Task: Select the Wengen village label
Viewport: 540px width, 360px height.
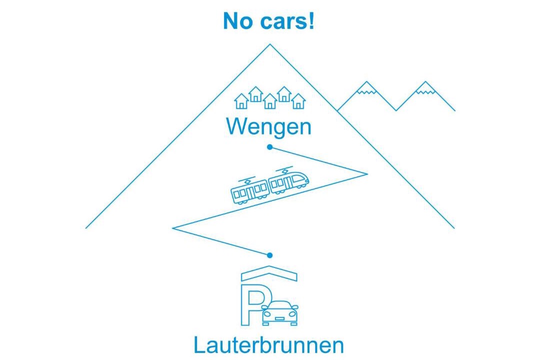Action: click(x=269, y=126)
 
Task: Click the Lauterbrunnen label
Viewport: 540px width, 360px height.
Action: click(x=269, y=345)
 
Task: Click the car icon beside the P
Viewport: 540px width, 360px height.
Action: click(x=280, y=313)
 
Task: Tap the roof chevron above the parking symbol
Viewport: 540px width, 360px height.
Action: click(x=269, y=272)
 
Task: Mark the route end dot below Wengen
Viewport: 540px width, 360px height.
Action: click(x=269, y=147)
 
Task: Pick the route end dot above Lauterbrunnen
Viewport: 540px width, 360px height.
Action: click(x=270, y=255)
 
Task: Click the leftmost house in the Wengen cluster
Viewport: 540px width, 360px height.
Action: click(x=241, y=101)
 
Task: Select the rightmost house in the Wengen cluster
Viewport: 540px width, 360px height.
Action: click(x=298, y=101)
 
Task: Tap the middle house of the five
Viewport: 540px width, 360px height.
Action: click(x=270, y=101)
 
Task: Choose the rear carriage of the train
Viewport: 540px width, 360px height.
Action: click(x=249, y=191)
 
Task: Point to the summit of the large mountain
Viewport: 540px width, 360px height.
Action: click(x=270, y=45)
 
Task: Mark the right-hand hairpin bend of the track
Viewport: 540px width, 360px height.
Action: click(x=366, y=173)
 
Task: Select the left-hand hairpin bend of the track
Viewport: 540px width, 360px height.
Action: click(x=173, y=228)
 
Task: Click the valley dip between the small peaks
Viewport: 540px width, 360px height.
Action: click(x=396, y=110)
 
